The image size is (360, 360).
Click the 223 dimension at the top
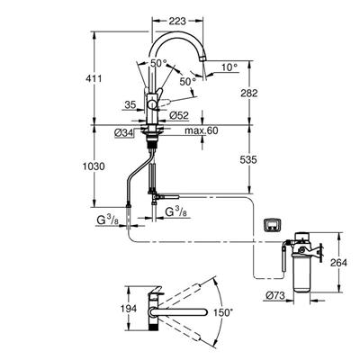pos(177,22)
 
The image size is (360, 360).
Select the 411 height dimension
pos(93,79)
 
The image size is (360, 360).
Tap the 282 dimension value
pos(249,94)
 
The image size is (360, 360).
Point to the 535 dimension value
pos(248,160)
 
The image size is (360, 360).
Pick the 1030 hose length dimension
pos(94,166)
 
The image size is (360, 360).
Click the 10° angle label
pos(229,67)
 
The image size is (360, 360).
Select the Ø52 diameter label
pos(179,115)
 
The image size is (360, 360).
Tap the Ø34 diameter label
pos(124,133)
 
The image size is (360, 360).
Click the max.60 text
pos(201,130)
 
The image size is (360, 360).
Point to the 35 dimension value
pos(130,104)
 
